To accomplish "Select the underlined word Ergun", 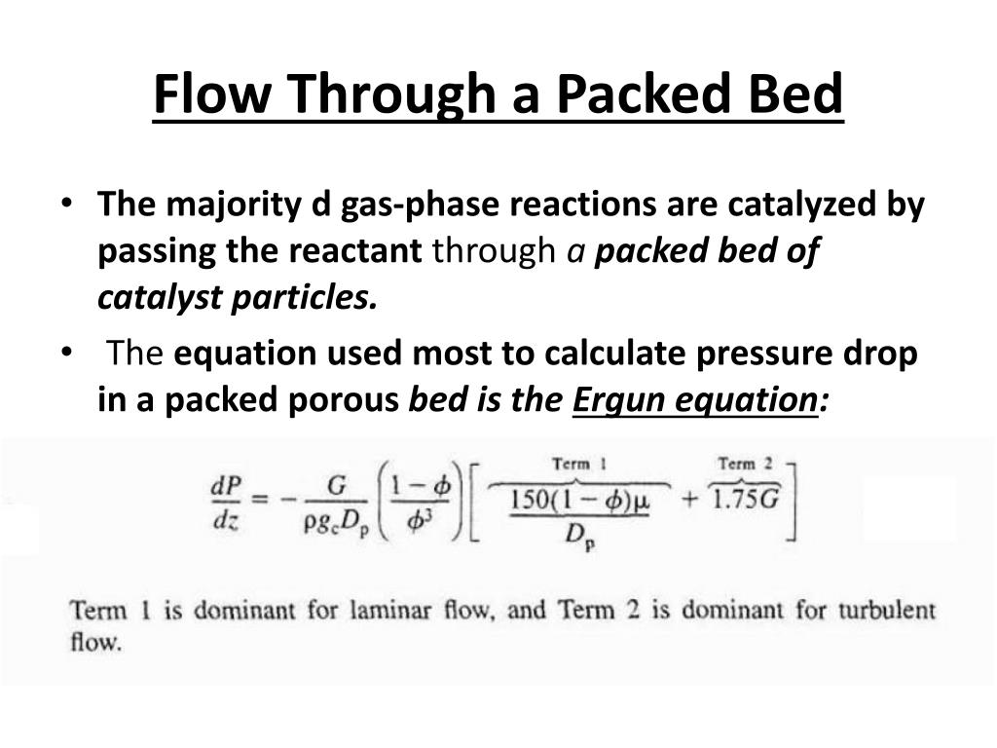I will click(616, 400).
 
